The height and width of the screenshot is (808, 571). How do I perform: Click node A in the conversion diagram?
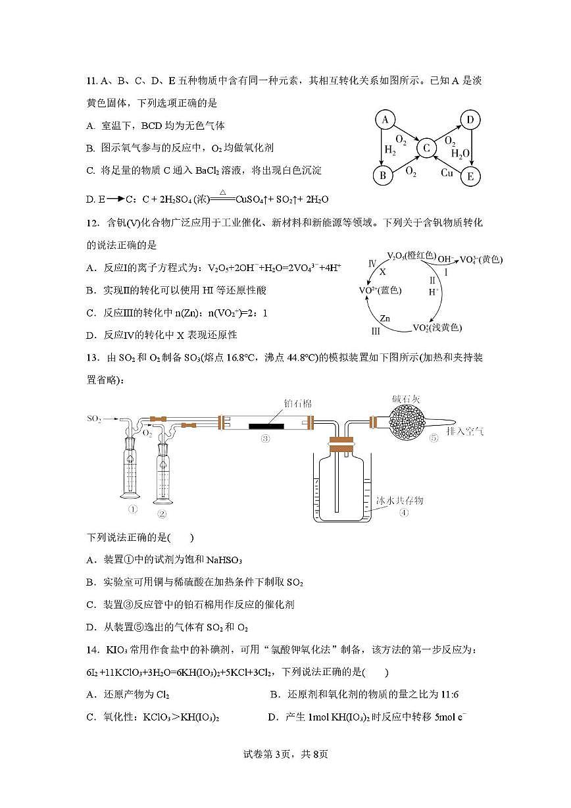pyautogui.click(x=385, y=120)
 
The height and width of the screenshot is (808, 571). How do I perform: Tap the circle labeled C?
pyautogui.click(x=426, y=149)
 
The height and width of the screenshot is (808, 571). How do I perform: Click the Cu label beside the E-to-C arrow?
pyautogui.click(x=447, y=172)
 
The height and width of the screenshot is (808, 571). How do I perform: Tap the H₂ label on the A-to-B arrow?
pyautogui.click(x=391, y=151)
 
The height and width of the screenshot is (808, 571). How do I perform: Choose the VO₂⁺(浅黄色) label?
pyautogui.click(x=437, y=328)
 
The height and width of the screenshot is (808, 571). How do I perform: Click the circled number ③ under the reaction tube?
pyautogui.click(x=266, y=440)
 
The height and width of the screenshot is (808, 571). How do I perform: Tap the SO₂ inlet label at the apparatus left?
pyautogui.click(x=95, y=418)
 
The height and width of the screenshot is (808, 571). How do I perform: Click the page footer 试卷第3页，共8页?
pyautogui.click(x=285, y=754)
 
